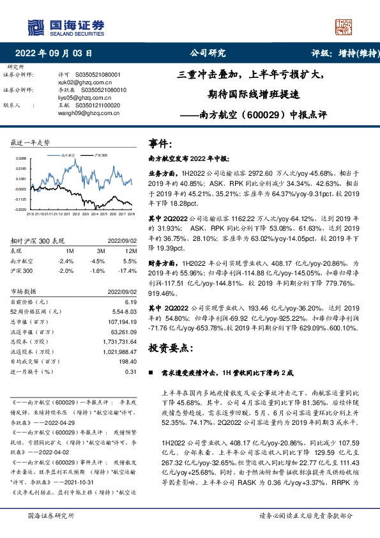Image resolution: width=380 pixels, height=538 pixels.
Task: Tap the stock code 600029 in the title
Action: point(261,116)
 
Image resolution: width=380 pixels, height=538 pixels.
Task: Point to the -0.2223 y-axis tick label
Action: point(21,208)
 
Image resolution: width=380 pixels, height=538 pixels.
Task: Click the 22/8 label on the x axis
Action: point(131,214)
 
